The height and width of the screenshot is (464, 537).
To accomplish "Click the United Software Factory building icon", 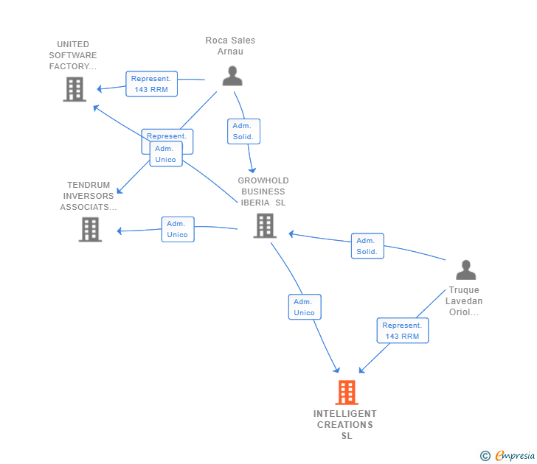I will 75,89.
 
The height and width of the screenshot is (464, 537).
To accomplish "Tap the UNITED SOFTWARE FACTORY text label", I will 73,55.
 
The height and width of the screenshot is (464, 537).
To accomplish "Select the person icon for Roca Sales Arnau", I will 232,76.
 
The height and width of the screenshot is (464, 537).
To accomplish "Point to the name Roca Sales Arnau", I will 230,46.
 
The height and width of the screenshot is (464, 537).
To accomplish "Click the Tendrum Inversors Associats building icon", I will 90,229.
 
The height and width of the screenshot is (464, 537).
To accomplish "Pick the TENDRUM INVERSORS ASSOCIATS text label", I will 89,196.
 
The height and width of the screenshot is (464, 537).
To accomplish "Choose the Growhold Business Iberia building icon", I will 264,225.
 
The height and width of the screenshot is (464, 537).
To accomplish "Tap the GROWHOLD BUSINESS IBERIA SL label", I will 263,191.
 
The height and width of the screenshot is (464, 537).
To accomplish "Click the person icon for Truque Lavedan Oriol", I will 465,270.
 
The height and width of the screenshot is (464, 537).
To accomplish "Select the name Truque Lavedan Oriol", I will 464,300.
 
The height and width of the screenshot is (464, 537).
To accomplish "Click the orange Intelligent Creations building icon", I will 347,393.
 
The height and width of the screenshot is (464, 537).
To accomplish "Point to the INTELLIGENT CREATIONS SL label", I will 345,424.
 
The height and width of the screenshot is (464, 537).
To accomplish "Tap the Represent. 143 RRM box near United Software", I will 151,84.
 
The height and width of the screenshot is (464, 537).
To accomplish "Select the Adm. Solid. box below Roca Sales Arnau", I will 243,131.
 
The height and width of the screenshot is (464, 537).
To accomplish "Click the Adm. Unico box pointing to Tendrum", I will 177,229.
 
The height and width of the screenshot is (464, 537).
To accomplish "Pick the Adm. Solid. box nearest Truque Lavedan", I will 367,246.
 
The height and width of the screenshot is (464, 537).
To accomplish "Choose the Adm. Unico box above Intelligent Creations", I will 304,307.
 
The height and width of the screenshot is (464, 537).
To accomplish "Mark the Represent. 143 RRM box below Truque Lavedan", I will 402,331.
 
